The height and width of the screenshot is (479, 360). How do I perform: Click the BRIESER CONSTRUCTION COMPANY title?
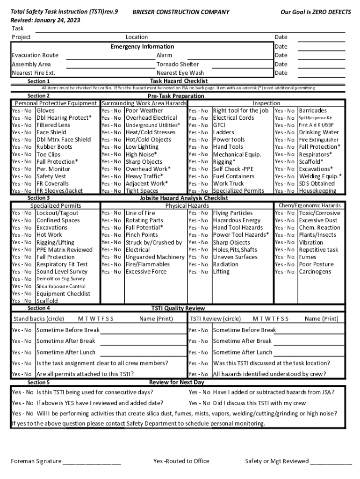coord(181,12)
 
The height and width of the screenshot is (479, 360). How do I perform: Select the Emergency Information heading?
coord(142,46)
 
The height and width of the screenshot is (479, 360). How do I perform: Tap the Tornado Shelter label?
coord(178,64)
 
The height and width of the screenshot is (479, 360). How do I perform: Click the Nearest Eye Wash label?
coord(180,73)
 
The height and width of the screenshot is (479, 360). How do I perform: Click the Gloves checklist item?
coord(45,111)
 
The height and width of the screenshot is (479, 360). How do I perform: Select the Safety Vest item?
coord(51,176)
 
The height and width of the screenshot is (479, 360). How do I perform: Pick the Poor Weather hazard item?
coord(144,111)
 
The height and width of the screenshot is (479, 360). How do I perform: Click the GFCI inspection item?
coord(219,125)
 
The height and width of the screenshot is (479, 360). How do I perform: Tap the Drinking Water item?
coord(319,132)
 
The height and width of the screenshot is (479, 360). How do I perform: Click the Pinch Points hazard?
coord(142,235)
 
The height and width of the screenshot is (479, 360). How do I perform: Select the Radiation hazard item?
coord(225,264)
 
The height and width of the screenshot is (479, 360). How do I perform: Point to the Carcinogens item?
coord(315,272)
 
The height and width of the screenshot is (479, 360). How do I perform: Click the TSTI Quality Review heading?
coord(178,308)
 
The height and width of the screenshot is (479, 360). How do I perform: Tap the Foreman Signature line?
coord(92,462)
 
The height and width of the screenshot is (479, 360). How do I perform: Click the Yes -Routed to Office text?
coord(181,461)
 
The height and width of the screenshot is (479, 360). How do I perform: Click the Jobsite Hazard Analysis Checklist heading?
coord(184,198)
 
